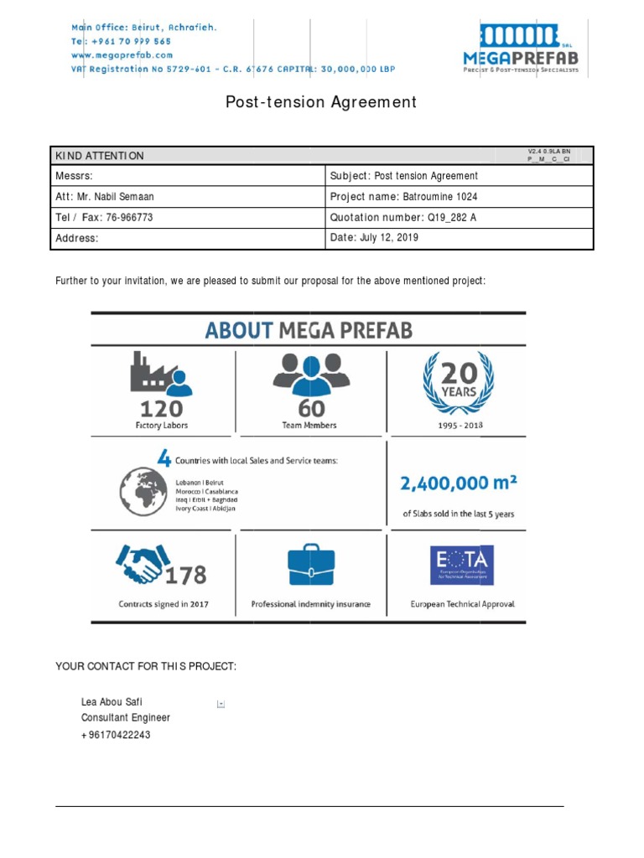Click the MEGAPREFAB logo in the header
[x=521, y=49]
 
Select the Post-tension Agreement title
[x=321, y=102]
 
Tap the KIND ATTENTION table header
[x=100, y=156]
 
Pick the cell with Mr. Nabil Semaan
[x=105, y=197]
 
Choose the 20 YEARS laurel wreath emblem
[x=457, y=382]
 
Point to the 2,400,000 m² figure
[x=458, y=483]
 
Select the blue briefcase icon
[x=310, y=566]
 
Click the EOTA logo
[x=462, y=566]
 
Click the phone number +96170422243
[x=117, y=735]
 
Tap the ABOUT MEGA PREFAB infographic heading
[x=309, y=330]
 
